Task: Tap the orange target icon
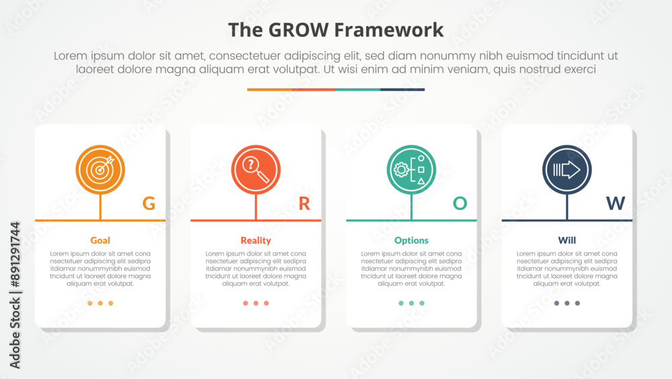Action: pos(100,170)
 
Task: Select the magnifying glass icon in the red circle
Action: pos(256,170)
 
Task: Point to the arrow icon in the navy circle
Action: pos(566,170)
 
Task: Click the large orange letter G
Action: pos(149,203)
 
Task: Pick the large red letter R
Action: pos(304,203)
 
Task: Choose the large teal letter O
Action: pos(460,203)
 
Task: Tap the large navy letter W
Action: pos(616,203)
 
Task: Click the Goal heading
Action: pos(100,240)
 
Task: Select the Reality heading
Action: pos(256,240)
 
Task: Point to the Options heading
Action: pos(411,240)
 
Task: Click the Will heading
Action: pos(567,240)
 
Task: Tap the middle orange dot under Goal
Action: pos(100,303)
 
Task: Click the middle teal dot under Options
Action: pos(411,303)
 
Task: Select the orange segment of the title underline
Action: pos(269,90)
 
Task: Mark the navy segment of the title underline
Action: pos(403,90)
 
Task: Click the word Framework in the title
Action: pos(388,30)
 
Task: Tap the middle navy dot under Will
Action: pos(567,303)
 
